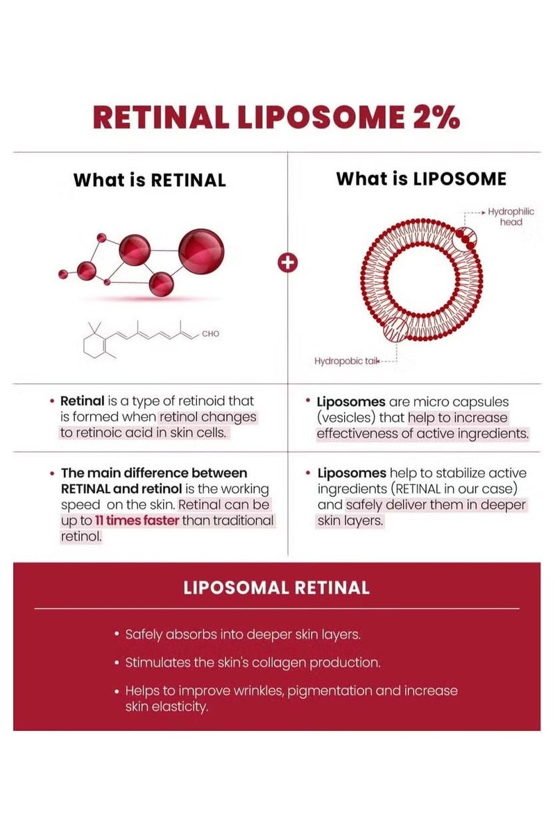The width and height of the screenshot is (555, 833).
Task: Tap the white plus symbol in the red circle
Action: coord(288,262)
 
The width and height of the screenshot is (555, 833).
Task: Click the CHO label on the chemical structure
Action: coord(210,334)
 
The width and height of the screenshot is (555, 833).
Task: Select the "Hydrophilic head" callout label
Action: coord(511,217)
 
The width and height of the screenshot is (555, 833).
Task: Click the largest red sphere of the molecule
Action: coord(201,251)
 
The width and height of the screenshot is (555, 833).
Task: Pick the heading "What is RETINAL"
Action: coord(150,180)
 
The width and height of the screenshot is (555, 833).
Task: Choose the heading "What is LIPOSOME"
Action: coord(421,179)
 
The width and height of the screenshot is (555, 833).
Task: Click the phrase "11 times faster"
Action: coord(137,520)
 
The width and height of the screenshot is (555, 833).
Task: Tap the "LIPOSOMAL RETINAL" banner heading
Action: coord(277,588)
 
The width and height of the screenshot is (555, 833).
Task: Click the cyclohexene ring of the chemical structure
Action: coord(94,345)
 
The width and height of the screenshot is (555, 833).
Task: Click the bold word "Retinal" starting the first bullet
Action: coord(82,401)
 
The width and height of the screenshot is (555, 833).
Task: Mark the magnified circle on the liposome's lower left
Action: coord(396,330)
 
